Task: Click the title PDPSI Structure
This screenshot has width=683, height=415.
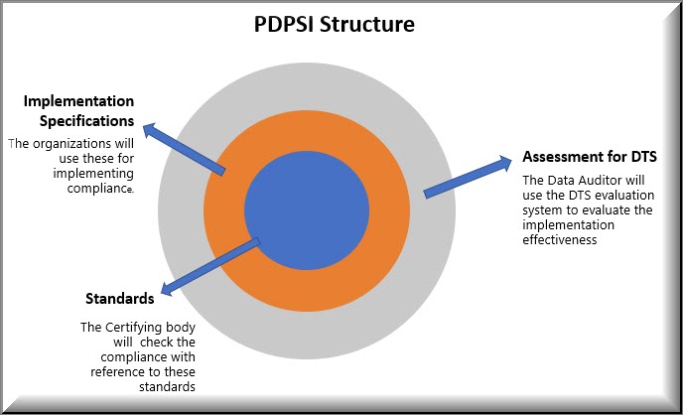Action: click(x=335, y=25)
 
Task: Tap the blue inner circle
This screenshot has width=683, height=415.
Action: click(x=307, y=210)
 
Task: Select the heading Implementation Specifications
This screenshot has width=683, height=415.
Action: click(x=78, y=110)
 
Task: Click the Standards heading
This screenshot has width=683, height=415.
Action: click(x=120, y=299)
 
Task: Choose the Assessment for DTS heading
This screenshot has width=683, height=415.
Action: click(x=590, y=157)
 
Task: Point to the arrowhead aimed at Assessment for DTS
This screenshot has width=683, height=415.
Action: click(x=505, y=163)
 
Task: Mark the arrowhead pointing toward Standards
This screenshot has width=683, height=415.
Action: click(x=167, y=288)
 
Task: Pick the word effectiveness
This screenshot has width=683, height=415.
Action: click(x=560, y=240)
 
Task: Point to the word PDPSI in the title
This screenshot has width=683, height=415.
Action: click(x=284, y=25)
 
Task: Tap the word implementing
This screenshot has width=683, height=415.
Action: click(x=93, y=174)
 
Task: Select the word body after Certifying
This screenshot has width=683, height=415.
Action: click(x=181, y=328)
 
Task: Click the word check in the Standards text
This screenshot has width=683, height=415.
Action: click(x=152, y=343)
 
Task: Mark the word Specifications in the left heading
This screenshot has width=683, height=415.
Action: click(x=86, y=121)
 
